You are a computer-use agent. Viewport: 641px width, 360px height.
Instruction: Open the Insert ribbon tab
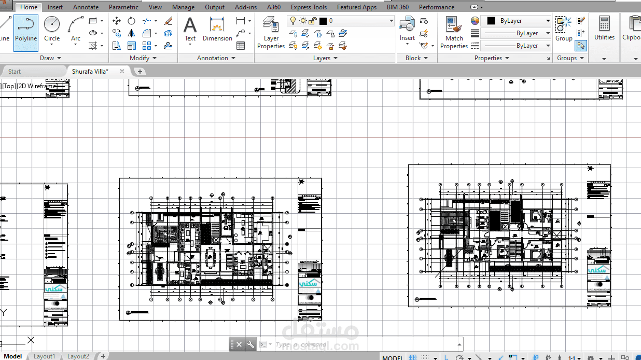tap(55, 7)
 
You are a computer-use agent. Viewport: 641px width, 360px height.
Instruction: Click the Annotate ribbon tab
tap(86, 7)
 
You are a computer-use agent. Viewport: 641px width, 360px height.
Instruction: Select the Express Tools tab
tap(309, 7)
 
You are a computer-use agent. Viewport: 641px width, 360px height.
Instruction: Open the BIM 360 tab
tap(398, 7)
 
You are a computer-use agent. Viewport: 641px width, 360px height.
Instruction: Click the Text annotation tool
tap(190, 29)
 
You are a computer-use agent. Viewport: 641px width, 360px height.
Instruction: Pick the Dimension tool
tap(217, 29)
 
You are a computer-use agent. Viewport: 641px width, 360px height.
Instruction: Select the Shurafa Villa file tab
tap(90, 72)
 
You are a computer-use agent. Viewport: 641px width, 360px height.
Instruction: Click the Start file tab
tap(15, 72)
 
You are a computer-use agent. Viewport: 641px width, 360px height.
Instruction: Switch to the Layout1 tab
tap(44, 356)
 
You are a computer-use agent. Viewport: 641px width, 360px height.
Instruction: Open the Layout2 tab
tap(78, 356)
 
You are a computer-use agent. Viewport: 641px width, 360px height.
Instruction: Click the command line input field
tap(363, 344)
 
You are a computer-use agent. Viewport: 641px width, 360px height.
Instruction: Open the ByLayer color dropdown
tap(517, 21)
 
